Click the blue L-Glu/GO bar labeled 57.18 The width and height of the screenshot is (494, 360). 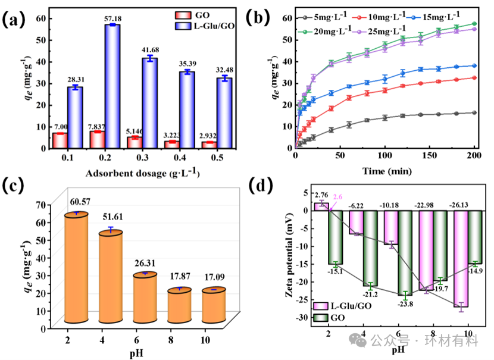(x=112, y=86)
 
